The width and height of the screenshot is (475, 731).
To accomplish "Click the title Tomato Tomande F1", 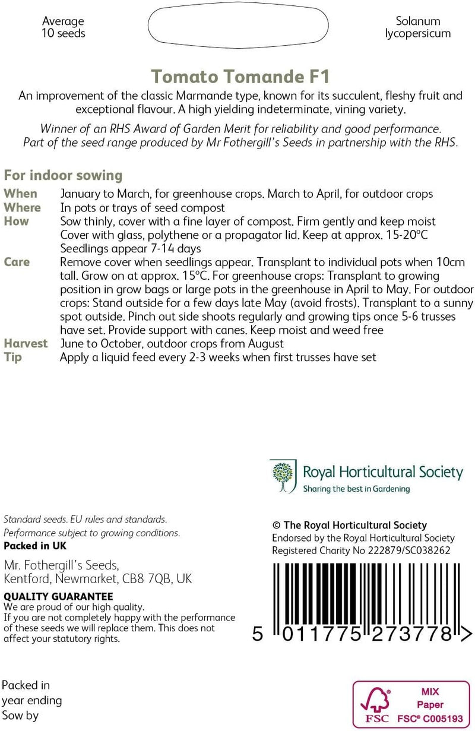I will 240,77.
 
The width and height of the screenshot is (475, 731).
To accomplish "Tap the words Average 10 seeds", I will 63,27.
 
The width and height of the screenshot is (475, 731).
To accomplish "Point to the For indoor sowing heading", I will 63,175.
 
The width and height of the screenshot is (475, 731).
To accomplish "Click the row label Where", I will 22,207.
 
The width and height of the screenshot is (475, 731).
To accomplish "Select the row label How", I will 16,221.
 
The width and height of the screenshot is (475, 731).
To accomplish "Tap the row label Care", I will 17,262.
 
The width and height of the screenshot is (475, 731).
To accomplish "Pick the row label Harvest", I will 26,344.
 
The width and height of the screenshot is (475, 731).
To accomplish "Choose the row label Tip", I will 12,357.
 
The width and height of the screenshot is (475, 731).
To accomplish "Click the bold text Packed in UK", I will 35,546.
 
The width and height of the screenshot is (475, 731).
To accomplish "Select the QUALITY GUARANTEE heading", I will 58,596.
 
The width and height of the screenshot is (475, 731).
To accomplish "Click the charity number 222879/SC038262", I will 404,550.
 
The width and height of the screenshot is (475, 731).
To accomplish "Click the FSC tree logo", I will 375,704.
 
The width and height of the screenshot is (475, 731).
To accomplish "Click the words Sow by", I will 20,716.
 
